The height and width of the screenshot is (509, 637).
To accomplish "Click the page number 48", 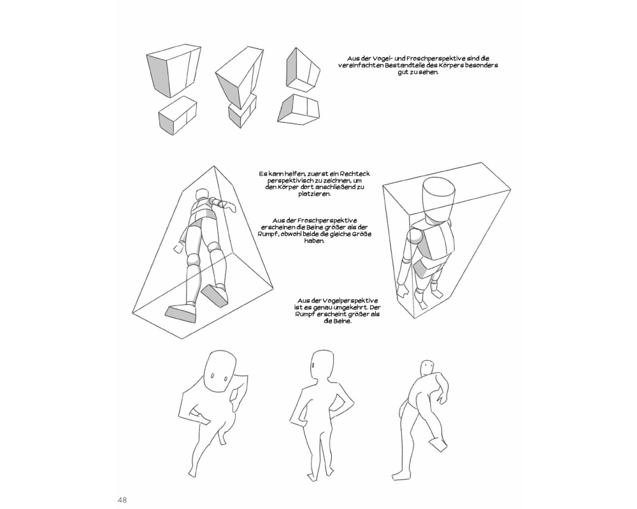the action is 122,499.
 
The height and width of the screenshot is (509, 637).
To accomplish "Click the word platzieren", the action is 315,193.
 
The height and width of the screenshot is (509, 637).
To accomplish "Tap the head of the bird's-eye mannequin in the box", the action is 438,197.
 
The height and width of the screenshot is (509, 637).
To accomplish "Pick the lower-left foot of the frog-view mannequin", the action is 181,313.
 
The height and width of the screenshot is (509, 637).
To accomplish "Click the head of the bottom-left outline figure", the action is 220,372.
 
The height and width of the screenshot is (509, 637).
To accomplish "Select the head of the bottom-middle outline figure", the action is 323,365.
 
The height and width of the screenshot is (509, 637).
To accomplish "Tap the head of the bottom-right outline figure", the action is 427,367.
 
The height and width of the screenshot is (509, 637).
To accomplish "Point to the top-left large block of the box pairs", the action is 174,70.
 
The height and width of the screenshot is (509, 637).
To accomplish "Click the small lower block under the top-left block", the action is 178,116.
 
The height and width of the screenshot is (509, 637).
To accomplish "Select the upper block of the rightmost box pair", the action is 303,69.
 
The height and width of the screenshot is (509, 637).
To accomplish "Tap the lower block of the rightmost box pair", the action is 298,108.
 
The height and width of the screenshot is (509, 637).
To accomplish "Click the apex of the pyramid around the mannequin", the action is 214,166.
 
